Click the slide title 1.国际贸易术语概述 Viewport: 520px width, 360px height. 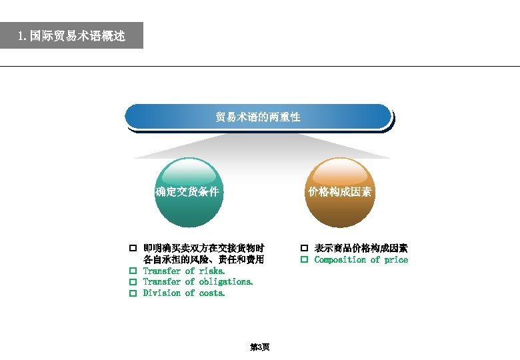(71, 35)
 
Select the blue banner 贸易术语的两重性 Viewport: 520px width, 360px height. (258, 117)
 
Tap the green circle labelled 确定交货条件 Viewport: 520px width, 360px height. (187, 193)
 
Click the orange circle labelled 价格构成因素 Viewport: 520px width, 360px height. (339, 193)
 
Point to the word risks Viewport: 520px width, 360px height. (212, 271)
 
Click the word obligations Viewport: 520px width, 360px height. (226, 282)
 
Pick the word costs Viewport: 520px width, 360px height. (212, 293)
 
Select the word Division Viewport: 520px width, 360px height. (162, 293)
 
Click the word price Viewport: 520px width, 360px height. (396, 260)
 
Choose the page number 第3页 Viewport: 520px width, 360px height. (259, 347)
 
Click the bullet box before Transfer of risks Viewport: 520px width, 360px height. (133, 271)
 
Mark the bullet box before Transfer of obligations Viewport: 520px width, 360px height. (133, 282)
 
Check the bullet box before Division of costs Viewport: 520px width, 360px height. (133, 293)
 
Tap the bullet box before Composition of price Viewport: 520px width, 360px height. (304, 260)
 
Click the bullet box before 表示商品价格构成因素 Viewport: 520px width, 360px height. (304, 249)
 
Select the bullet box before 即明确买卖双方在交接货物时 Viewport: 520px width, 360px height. (133, 249)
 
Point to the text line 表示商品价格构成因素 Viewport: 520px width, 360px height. (361, 249)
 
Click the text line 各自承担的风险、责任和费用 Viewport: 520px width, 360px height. (203, 260)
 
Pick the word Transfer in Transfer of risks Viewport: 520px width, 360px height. (162, 271)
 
